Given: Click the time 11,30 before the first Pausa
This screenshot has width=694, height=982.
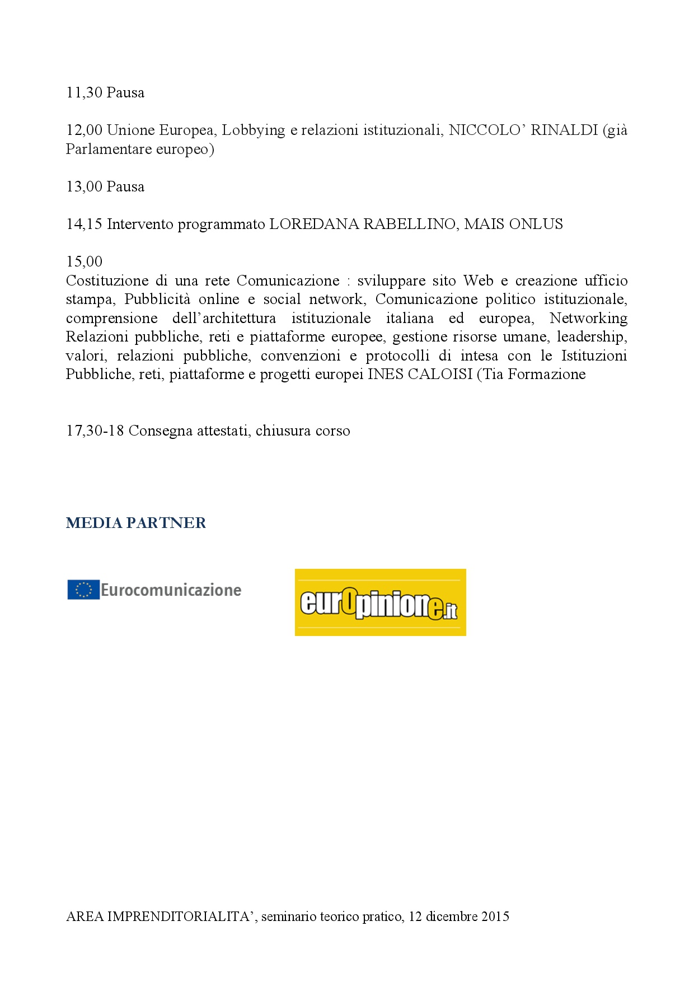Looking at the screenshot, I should [84, 93].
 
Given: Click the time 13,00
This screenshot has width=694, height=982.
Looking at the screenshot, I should [84, 187].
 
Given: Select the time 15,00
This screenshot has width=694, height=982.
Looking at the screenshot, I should [84, 262].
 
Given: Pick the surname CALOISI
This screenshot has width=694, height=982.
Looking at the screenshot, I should [440, 375].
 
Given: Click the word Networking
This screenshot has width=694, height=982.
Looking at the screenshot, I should [588, 319].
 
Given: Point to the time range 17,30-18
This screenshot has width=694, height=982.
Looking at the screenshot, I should [95, 431].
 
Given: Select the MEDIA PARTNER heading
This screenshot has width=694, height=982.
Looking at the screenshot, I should [136, 523].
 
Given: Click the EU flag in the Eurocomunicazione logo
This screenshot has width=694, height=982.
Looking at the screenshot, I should [83, 590].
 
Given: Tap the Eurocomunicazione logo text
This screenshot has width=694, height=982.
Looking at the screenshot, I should [171, 590].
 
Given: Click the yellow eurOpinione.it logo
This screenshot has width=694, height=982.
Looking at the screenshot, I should [380, 602].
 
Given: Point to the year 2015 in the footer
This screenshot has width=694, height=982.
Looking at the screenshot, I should [495, 916].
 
